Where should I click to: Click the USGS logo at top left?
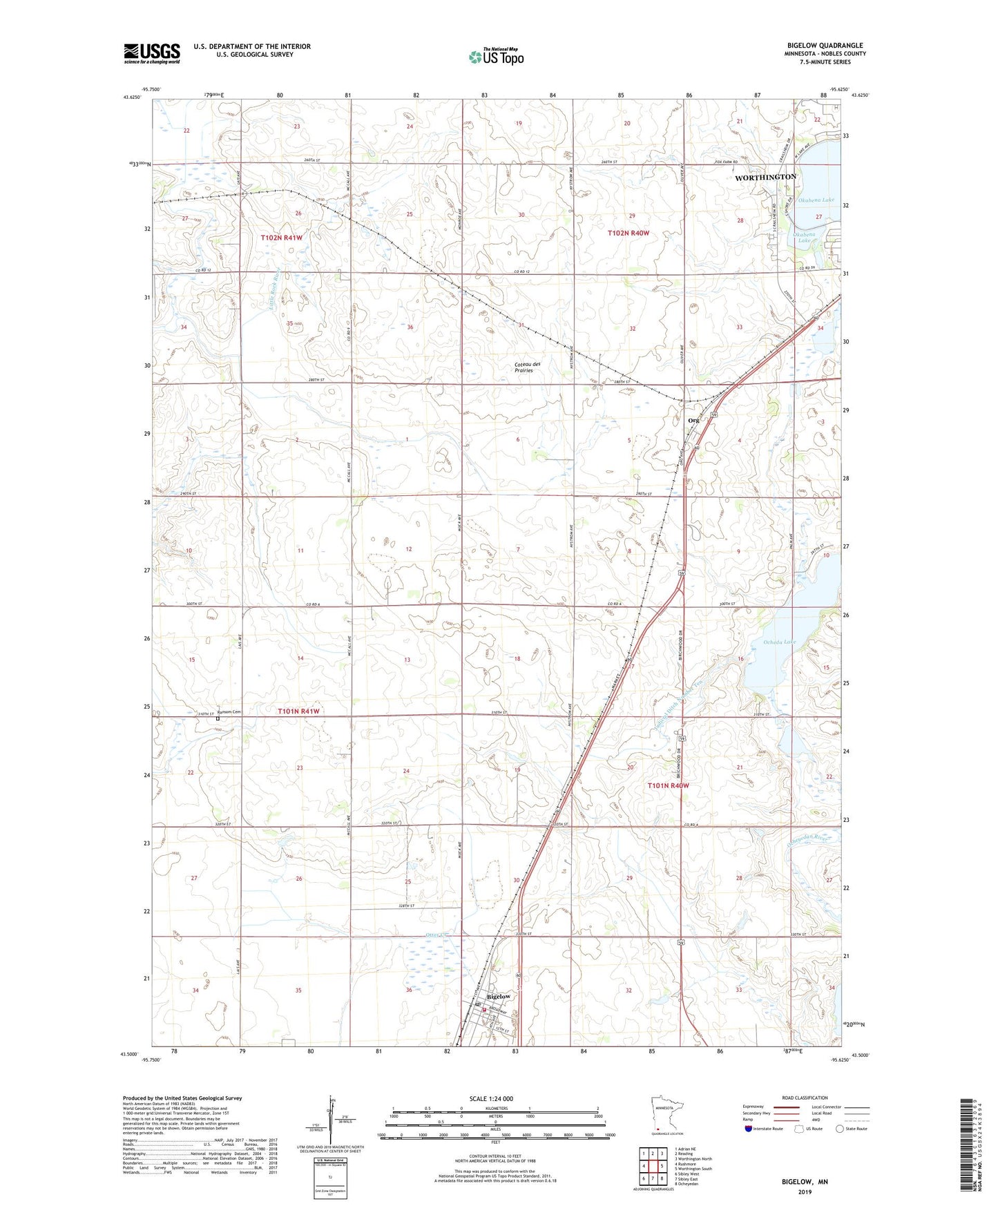click(x=151, y=53)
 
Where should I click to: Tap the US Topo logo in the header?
click(x=495, y=57)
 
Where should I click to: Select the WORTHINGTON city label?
click(x=765, y=178)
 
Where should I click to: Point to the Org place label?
click(x=693, y=420)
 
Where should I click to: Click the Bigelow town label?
click(x=499, y=997)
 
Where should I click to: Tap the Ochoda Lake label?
click(x=780, y=642)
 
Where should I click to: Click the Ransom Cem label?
click(x=229, y=712)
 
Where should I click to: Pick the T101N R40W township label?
click(x=668, y=786)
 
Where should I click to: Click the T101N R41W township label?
click(x=298, y=711)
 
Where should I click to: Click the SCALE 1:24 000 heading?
click(x=491, y=1099)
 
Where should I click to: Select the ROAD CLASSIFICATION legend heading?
click(x=805, y=1098)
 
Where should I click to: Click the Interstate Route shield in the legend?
click(x=749, y=1129)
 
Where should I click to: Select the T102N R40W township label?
click(x=628, y=233)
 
